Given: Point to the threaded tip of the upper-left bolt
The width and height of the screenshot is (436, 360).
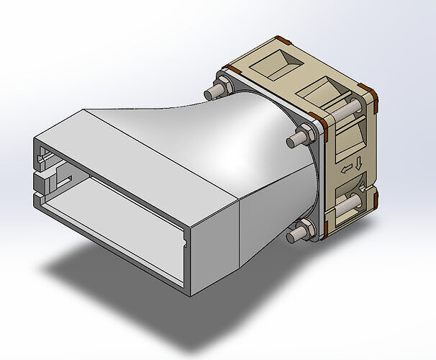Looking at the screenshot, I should pos(209,93).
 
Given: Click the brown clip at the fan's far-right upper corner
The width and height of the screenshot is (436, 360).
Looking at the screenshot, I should pos(370,91).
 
